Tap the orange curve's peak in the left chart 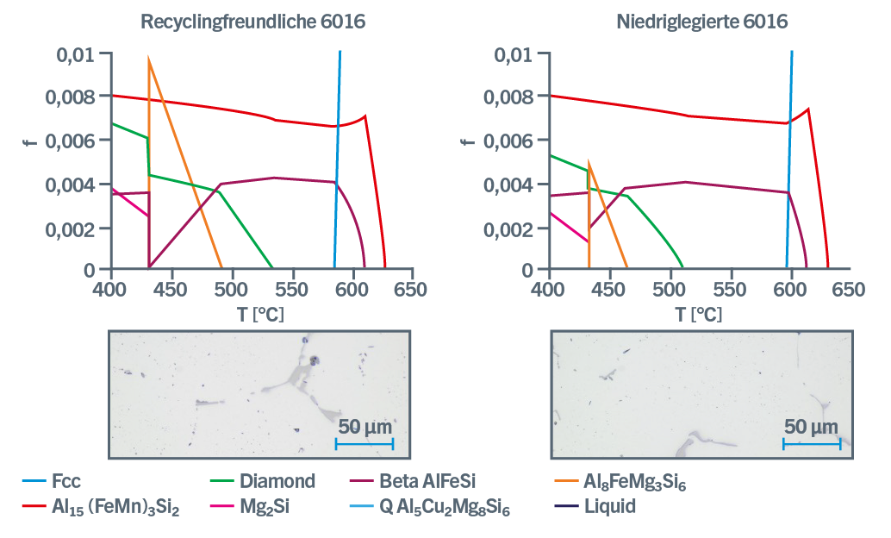coord(149,60)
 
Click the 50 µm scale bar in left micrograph coord(364,444)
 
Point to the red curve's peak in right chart coord(807,109)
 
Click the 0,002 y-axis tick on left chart coord(75,228)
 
